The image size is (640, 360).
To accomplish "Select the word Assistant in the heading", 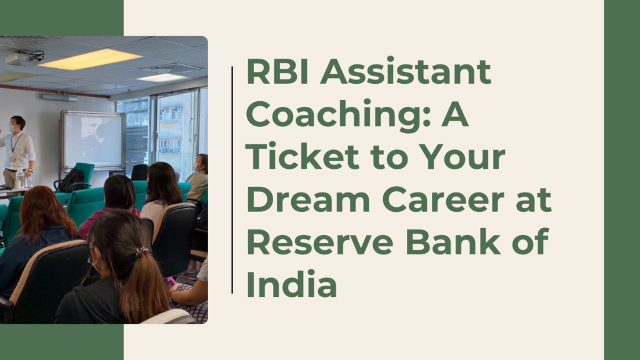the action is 406,72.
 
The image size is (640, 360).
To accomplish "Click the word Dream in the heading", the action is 308,200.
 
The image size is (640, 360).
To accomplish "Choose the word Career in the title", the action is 444,200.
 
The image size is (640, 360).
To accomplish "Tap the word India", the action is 292,284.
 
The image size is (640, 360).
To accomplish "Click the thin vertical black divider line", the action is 232,180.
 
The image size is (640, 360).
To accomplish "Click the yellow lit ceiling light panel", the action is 90,59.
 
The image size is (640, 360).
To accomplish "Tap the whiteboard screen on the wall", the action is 93,141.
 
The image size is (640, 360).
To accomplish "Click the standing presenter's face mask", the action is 12,127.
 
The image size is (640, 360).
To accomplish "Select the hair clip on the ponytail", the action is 142,250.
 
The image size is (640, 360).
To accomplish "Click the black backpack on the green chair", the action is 71,181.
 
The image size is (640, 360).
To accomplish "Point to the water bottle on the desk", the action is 20,178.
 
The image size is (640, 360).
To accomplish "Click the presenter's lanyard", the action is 15,144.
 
